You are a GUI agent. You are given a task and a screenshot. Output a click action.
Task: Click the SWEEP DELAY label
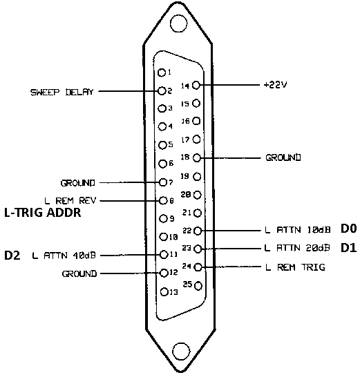tap(61, 92)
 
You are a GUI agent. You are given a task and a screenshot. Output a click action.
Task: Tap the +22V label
tap(275, 85)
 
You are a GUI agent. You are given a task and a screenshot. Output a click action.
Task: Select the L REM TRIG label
tap(295, 267)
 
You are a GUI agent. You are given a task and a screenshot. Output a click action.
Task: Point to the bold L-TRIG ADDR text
tap(43, 213)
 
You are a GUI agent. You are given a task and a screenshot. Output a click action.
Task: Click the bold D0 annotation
tap(349, 229)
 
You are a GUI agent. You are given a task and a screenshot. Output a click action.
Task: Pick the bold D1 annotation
tap(349, 248)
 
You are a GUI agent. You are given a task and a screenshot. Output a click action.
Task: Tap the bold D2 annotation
tap(12, 256)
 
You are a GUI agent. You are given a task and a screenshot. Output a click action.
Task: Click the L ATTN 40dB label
tap(64, 256)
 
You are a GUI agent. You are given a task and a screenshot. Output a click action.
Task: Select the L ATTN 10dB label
tap(298, 230)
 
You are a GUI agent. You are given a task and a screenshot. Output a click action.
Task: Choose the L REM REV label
tap(70, 201)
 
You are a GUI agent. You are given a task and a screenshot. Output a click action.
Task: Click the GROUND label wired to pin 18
tap(283, 157)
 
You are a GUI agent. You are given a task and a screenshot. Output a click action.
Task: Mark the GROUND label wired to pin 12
tap(79, 273)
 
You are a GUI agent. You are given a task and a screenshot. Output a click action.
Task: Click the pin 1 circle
tap(162, 73)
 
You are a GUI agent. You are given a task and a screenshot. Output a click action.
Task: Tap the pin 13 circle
tap(164, 291)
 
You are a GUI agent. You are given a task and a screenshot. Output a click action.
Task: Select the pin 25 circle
tap(198, 286)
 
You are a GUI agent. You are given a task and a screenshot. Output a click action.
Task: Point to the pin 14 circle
tap(196, 85)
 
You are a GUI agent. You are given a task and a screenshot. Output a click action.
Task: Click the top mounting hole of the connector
tap(178, 23)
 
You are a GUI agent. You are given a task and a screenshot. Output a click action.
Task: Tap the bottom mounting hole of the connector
tap(181, 351)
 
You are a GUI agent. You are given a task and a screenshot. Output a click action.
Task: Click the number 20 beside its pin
tap(186, 195)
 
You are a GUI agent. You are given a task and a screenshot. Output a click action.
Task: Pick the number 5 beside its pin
tap(171, 144)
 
